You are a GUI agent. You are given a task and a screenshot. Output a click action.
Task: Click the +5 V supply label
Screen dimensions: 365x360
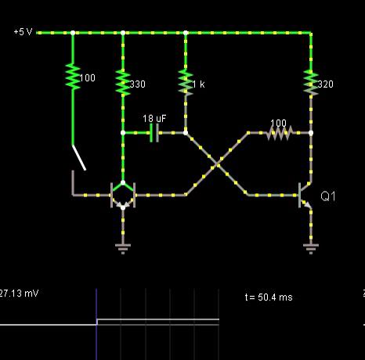[23, 32]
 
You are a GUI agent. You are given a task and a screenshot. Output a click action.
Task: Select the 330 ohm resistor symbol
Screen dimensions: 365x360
[123, 82]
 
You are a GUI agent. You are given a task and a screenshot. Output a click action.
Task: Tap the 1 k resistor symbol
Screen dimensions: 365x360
[186, 82]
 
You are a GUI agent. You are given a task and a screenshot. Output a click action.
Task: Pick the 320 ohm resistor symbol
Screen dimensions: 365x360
[311, 82]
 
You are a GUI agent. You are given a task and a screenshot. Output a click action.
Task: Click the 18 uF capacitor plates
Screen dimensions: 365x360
[154, 133]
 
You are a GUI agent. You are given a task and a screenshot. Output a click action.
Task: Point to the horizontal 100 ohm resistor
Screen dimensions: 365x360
[280, 133]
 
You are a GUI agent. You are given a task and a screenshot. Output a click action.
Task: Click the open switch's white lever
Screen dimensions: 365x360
[79, 157]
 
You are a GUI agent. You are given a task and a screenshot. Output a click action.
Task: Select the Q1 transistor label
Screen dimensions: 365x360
[328, 196]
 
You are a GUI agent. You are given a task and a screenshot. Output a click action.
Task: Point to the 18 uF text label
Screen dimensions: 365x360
[154, 119]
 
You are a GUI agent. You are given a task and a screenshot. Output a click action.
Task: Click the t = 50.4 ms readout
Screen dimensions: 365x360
[269, 297]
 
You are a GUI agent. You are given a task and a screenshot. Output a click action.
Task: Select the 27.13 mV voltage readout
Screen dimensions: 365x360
[19, 293]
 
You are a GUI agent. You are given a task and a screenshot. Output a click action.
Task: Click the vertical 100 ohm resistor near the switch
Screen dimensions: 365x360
[73, 77]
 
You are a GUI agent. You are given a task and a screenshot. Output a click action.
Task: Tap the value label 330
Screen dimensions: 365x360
[138, 84]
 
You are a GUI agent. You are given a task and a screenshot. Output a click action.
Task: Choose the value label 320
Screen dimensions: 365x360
[326, 84]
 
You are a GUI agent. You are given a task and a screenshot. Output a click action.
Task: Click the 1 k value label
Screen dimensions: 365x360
[198, 85]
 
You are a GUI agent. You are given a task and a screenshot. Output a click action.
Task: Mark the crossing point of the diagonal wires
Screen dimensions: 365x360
[217, 164]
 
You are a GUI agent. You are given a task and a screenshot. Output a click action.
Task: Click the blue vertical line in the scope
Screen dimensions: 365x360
[96, 324]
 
